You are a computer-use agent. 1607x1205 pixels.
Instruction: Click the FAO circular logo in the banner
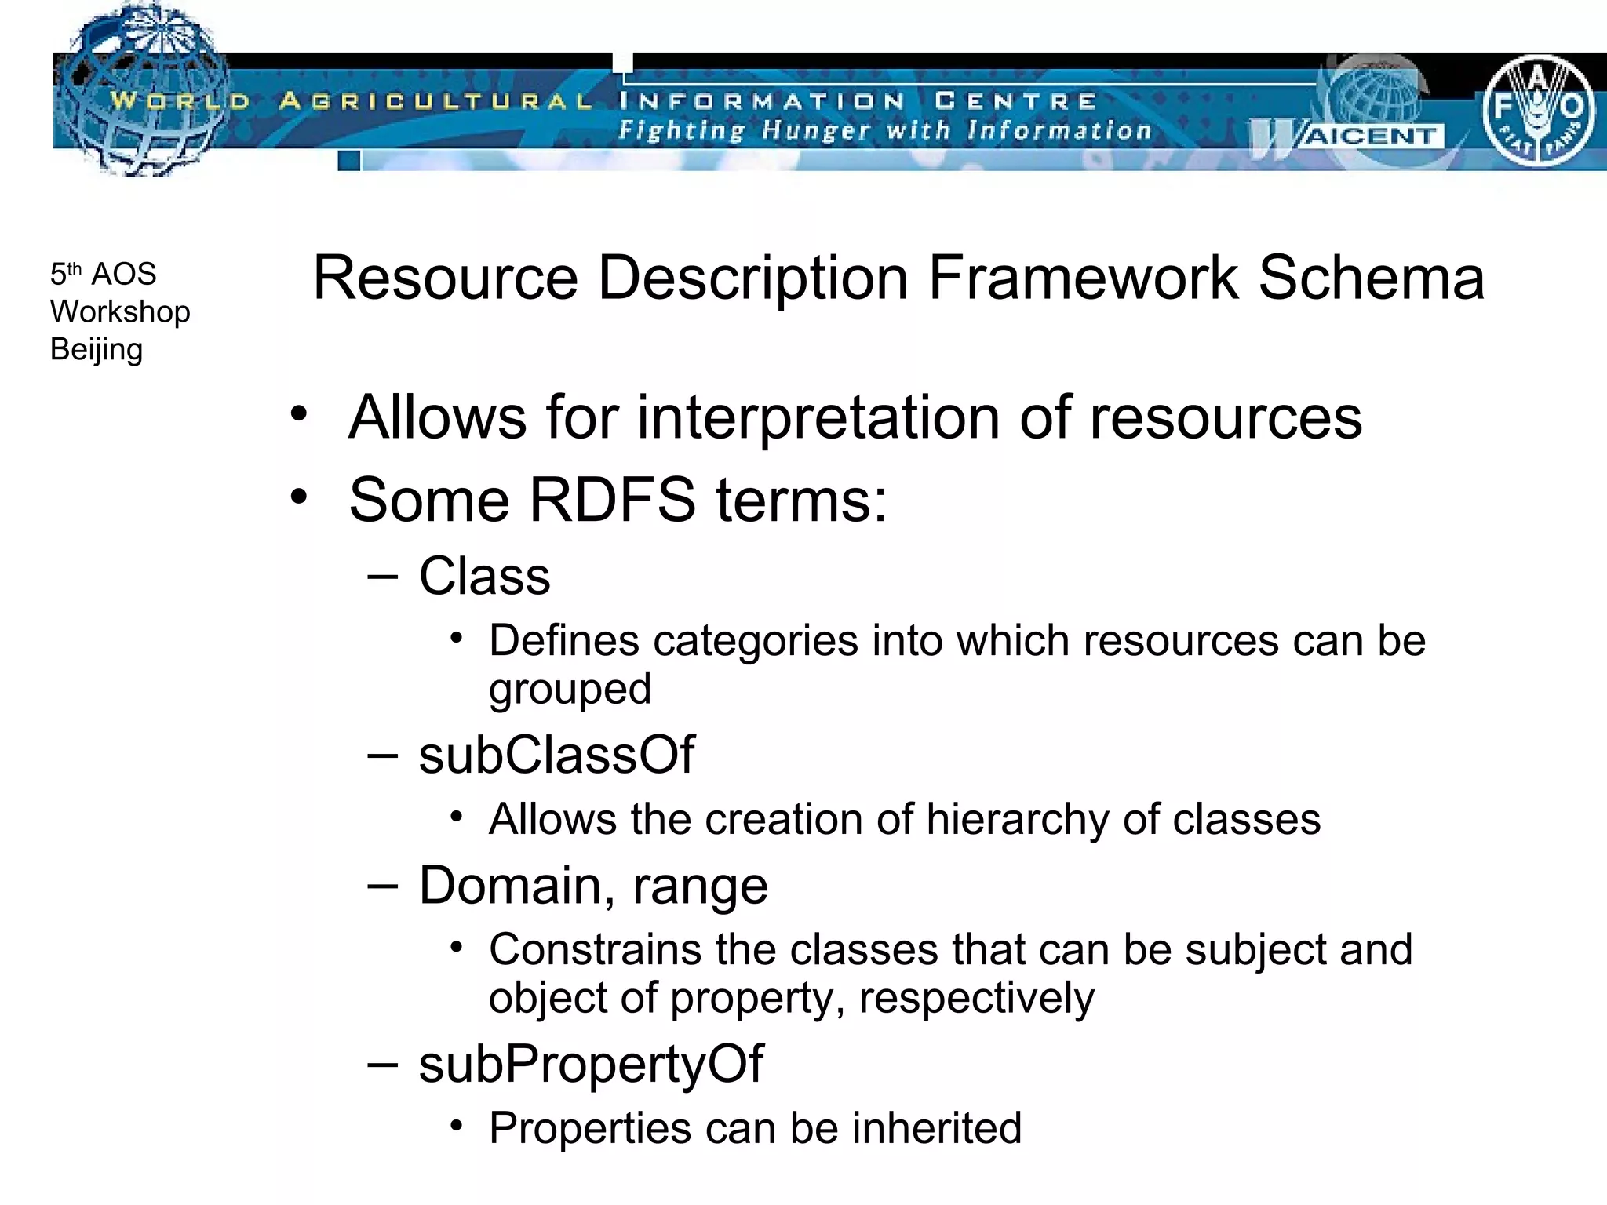pyautogui.click(x=1537, y=111)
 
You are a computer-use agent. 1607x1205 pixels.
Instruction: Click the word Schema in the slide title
pyautogui.click(x=1372, y=278)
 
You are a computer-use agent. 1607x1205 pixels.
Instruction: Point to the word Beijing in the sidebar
pyautogui.click(x=97, y=350)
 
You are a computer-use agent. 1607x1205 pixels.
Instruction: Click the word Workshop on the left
pyautogui.click(x=120, y=312)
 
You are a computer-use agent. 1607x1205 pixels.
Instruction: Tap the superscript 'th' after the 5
pyautogui.click(x=75, y=268)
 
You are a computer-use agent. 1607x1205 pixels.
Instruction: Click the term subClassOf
pyautogui.click(x=556, y=755)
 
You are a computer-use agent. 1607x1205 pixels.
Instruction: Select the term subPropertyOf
pyautogui.click(x=591, y=1064)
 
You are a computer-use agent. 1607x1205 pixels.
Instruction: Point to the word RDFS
pyautogui.click(x=612, y=501)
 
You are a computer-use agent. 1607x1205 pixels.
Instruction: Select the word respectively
pyautogui.click(x=976, y=999)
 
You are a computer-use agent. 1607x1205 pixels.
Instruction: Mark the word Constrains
pyautogui.click(x=595, y=949)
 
